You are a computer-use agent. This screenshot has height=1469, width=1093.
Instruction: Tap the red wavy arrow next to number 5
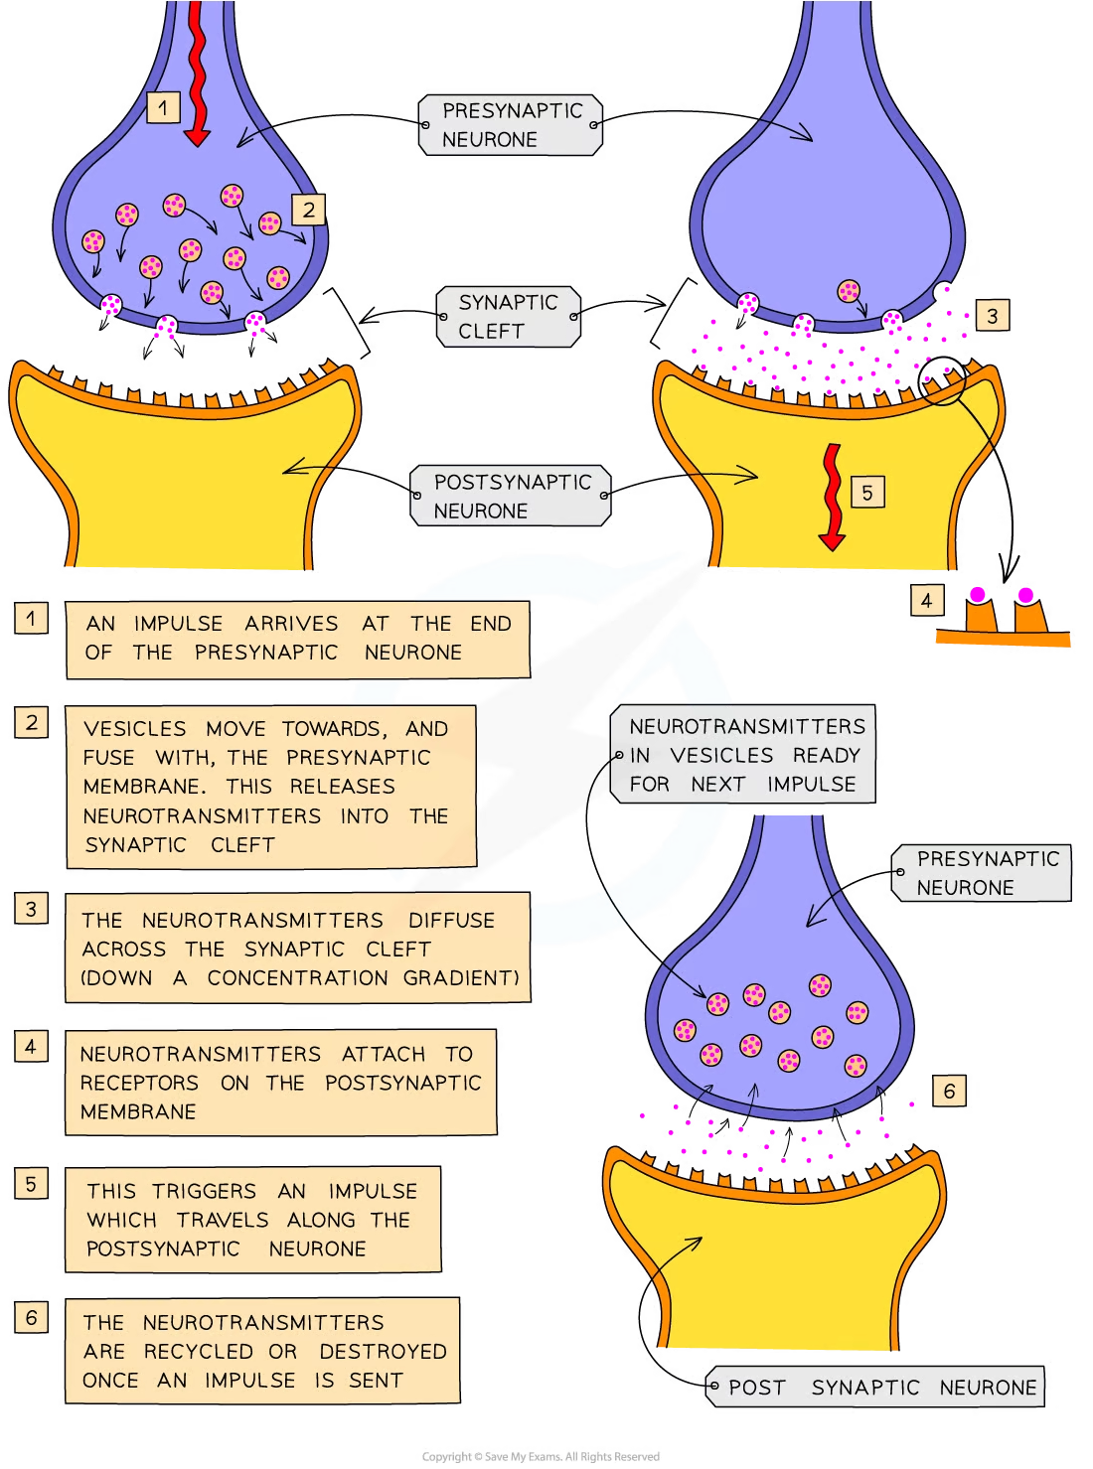click(x=832, y=497)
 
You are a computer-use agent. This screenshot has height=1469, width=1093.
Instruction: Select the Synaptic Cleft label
click(x=508, y=317)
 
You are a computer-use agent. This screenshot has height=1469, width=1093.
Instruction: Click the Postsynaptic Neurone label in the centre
click(x=511, y=497)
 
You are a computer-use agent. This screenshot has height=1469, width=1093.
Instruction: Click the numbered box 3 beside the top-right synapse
click(x=992, y=316)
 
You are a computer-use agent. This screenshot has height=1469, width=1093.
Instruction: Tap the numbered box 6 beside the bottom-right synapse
click(x=949, y=1091)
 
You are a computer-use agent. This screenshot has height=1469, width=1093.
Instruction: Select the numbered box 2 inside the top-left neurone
click(x=308, y=210)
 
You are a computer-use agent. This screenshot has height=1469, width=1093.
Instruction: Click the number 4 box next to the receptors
click(x=926, y=600)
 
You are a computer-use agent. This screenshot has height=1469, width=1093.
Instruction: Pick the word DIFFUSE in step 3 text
click(x=451, y=921)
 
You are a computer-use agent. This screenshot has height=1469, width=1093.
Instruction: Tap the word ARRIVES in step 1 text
click(x=291, y=624)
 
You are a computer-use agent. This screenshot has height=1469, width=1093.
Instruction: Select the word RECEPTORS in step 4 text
click(x=139, y=1083)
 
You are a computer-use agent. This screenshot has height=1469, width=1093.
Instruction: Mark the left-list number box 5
click(x=31, y=1184)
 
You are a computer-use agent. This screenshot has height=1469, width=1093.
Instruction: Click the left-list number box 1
click(x=31, y=619)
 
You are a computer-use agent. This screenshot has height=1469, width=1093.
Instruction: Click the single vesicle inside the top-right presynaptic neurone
click(x=848, y=291)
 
